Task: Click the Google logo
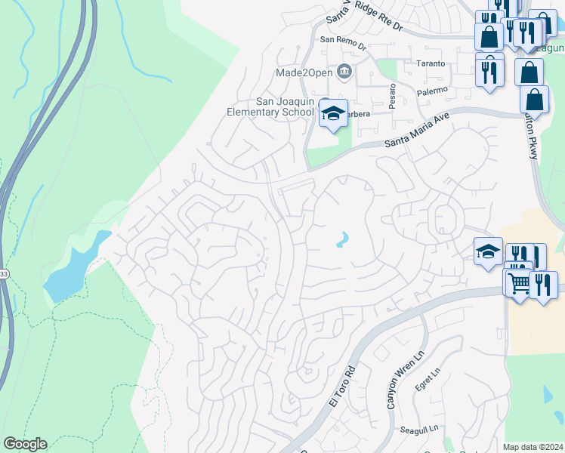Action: [25, 444]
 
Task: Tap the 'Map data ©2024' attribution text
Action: [533, 447]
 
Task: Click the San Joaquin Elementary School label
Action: [270, 107]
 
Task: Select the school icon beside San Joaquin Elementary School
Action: [332, 113]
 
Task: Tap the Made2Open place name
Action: [304, 72]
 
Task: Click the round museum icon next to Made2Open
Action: [345, 72]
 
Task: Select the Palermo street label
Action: [432, 90]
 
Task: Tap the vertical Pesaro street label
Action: [392, 96]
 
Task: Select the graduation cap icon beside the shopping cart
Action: [488, 251]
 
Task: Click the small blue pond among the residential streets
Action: [342, 240]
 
